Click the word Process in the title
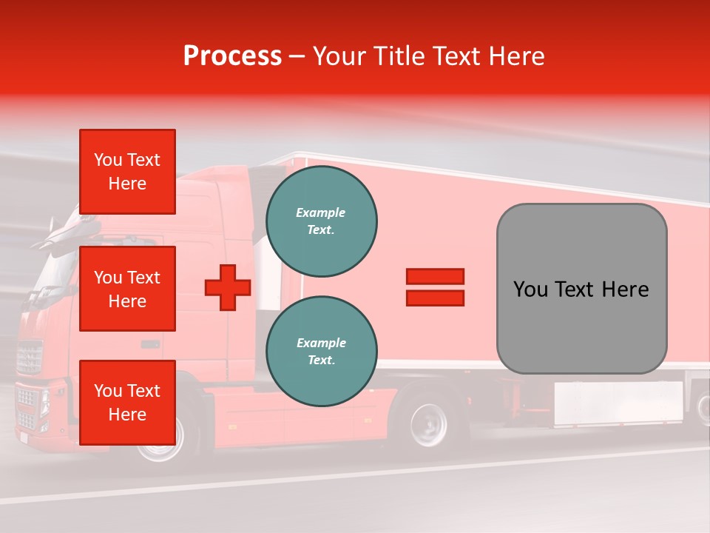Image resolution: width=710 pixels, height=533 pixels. (x=232, y=56)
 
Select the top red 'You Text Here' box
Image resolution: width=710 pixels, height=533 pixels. (x=127, y=172)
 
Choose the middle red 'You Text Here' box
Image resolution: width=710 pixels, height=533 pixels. (x=127, y=289)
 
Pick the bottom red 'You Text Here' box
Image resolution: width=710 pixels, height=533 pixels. (x=127, y=403)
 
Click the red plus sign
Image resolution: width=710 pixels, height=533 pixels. (x=228, y=288)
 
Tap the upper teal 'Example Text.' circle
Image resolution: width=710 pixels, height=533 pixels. (x=322, y=221)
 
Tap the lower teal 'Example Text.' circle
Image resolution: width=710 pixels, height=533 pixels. (x=322, y=352)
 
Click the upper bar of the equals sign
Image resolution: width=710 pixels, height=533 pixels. (x=435, y=277)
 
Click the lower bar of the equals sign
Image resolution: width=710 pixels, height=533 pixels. (x=435, y=298)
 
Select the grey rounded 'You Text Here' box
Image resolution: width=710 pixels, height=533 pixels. (x=581, y=289)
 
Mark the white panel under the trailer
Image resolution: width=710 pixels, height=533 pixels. (x=618, y=404)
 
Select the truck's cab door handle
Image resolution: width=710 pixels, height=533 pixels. (x=150, y=344)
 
